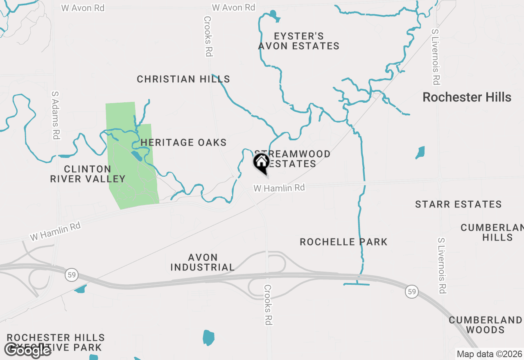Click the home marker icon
click(261, 162)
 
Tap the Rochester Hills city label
click(467, 97)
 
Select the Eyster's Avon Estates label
click(299, 41)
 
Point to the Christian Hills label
click(183, 79)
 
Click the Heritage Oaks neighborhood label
click(183, 143)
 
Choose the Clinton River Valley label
click(88, 174)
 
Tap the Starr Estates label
click(458, 205)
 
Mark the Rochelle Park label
click(343, 242)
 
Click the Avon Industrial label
click(203, 262)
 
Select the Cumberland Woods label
click(485, 325)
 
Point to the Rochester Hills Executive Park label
click(56, 343)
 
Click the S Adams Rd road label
click(55, 115)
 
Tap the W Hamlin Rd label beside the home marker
click(279, 188)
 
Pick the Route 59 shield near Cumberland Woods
click(412, 292)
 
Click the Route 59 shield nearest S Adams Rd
click(71, 275)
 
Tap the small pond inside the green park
click(135, 155)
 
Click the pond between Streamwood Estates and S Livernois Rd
click(420, 152)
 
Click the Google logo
click(28, 350)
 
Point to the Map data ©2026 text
click(489, 354)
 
